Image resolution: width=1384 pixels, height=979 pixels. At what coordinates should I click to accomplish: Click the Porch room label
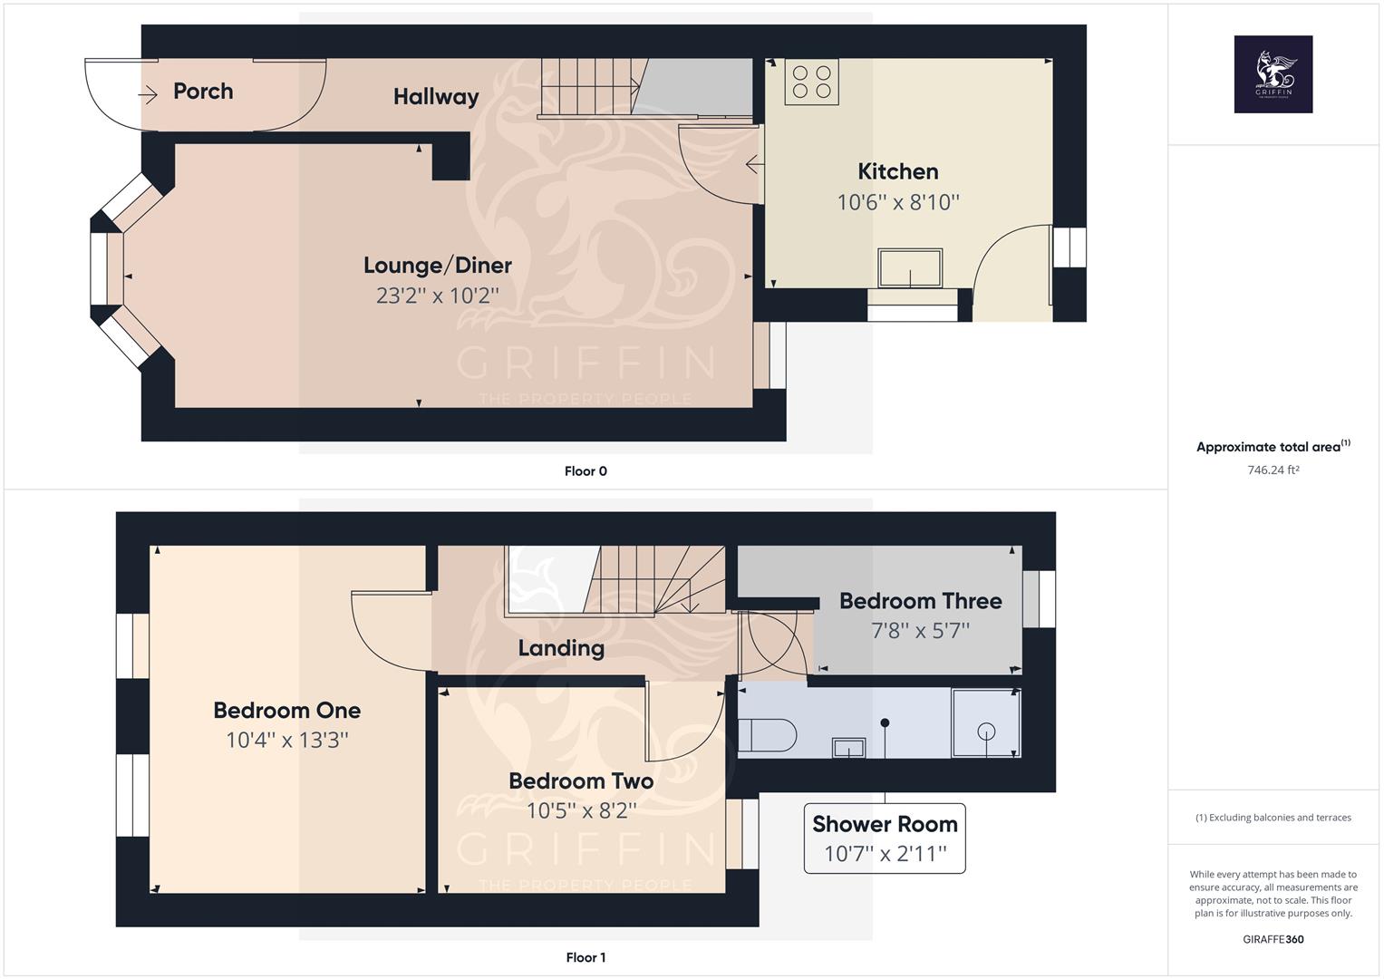pos(203,92)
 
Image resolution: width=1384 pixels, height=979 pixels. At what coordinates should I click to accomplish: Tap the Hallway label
pos(436,97)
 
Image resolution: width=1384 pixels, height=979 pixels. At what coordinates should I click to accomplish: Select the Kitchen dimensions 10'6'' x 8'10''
pos(897,202)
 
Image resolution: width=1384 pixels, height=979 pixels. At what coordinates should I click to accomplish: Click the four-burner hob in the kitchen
pos(812,81)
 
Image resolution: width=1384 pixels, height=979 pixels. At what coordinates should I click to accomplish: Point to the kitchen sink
pos(909,268)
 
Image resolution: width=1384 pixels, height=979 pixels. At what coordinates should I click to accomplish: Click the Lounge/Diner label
pos(438,266)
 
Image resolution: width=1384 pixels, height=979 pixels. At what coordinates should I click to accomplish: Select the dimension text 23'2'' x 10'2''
pos(438,296)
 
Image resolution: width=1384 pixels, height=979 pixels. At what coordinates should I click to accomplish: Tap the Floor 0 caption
pos(586,471)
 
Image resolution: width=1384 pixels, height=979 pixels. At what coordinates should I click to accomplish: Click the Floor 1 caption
pos(586,957)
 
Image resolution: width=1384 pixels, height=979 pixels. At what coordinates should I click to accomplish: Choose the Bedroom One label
pos(287,711)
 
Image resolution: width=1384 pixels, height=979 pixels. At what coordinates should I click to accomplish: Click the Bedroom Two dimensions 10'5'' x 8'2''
pos(581,810)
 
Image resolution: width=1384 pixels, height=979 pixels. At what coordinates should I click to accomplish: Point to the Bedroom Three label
pos(920,601)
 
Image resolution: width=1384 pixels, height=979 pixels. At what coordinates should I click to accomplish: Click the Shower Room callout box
pos(885,838)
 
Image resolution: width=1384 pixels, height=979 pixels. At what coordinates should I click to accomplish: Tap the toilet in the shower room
pos(767,735)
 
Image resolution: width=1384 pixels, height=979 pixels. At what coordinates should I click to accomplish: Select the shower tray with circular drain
pos(986,723)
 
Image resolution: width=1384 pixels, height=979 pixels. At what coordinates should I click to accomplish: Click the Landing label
pos(561,648)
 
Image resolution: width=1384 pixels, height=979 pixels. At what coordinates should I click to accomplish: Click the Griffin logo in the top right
pos(1273,74)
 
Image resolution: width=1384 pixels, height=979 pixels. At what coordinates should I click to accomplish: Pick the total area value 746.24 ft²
pos(1273,470)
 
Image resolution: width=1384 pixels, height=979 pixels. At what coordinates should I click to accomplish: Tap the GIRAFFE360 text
pos(1273,939)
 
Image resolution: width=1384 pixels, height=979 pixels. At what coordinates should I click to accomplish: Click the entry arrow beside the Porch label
pos(148,92)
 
